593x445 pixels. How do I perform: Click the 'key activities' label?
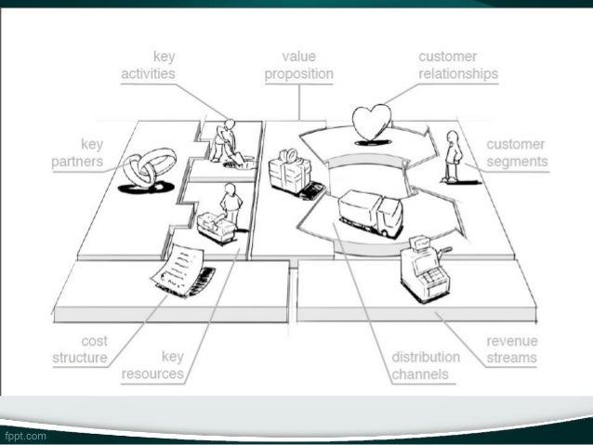(x=150, y=65)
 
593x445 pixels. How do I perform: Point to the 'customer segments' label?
(x=516, y=153)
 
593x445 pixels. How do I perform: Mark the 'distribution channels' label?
(x=425, y=365)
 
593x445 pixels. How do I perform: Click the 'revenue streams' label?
(x=511, y=349)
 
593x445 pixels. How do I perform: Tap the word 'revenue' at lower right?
(x=512, y=341)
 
